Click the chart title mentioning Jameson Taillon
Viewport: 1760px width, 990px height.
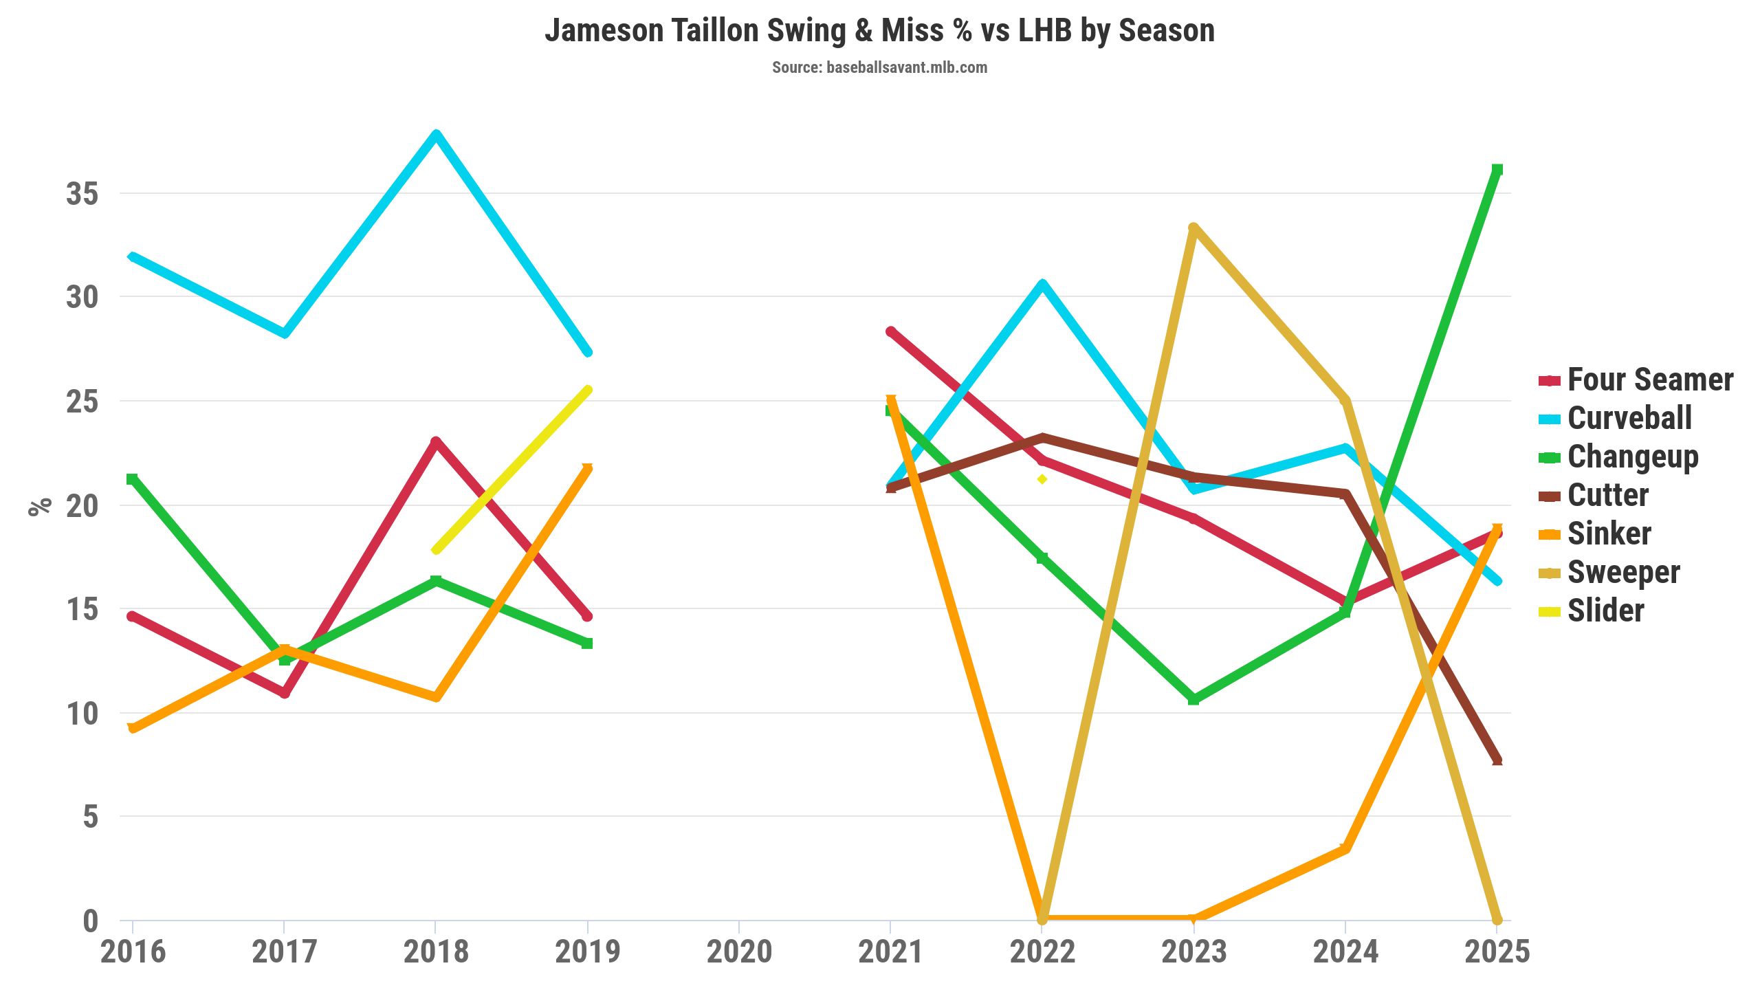click(879, 31)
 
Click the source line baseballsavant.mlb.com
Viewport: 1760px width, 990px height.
click(879, 67)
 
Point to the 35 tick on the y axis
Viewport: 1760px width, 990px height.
click(82, 194)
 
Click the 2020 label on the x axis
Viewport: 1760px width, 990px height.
click(739, 952)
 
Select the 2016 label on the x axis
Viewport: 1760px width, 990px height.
click(133, 952)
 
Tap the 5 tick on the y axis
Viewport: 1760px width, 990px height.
click(91, 817)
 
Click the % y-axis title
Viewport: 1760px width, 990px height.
click(40, 505)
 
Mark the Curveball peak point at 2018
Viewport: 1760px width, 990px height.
click(436, 135)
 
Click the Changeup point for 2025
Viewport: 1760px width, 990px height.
click(1497, 170)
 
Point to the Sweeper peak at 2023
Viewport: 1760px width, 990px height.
click(1193, 228)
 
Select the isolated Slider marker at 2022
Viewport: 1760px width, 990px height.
click(1042, 479)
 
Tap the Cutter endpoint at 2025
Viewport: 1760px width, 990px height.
click(1497, 760)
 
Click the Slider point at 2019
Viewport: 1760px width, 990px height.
click(587, 390)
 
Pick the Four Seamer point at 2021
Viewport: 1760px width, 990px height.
click(891, 332)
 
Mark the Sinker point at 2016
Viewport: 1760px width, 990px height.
click(133, 728)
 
